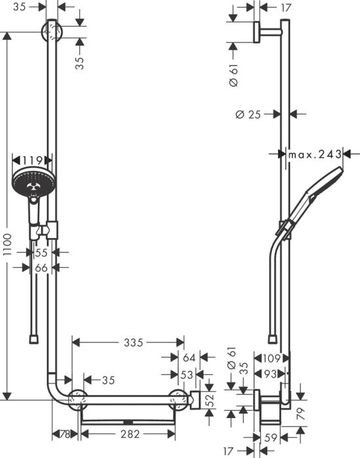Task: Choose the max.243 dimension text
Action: pos(315,154)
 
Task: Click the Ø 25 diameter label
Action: pos(247,114)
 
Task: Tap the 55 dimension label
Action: pos(41,251)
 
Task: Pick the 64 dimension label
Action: pos(189,358)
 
